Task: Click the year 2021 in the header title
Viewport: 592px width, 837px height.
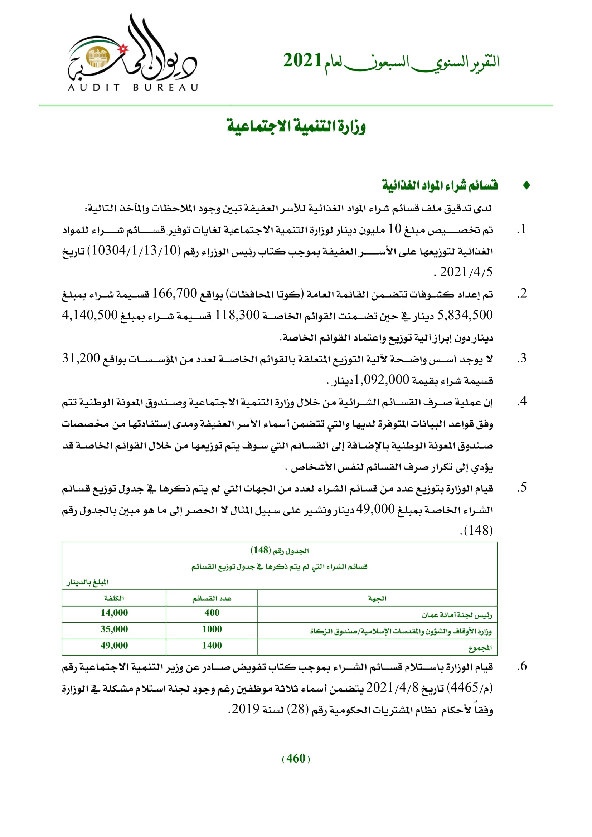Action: [x=302, y=60]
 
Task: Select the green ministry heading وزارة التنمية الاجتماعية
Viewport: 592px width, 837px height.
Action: [x=296, y=126]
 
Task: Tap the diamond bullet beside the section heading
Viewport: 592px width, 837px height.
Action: [x=526, y=186]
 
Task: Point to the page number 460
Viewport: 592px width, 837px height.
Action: [x=296, y=759]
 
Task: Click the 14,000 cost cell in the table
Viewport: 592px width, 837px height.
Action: [x=114, y=613]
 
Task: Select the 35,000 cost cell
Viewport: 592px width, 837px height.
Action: [x=114, y=629]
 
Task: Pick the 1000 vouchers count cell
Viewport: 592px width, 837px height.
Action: [x=212, y=629]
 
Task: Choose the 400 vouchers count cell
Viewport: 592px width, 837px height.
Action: [x=212, y=613]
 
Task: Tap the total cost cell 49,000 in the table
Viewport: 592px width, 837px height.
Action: [x=114, y=646]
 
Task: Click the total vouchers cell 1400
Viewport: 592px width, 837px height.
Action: [x=212, y=646]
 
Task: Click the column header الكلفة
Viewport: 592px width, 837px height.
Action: [x=114, y=598]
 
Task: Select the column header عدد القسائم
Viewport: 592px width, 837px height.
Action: [x=212, y=598]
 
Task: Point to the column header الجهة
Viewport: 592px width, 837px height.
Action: [x=377, y=598]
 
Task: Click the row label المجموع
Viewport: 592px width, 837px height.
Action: [x=480, y=646]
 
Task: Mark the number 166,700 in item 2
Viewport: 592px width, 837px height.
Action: [x=174, y=293]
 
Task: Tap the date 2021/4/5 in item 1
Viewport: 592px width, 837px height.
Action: [x=466, y=272]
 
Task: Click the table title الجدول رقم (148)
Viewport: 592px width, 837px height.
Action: [x=279, y=550]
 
